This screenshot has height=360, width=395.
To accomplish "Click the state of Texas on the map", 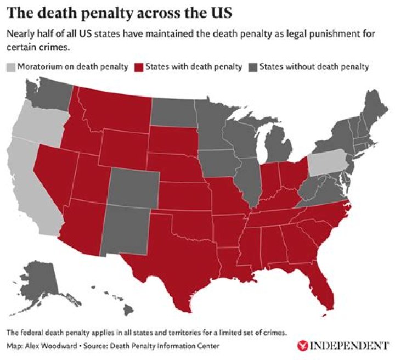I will (x=165, y=258).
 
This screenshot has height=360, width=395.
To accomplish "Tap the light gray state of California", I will (x=27, y=181).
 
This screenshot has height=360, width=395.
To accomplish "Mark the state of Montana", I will (x=112, y=110).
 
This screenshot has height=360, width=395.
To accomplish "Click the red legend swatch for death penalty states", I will (x=140, y=67).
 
